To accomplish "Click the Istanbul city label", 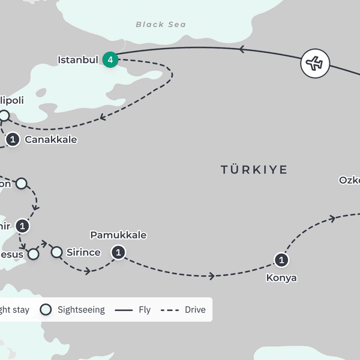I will point(77,60).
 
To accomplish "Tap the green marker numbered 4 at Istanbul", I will point(110,59).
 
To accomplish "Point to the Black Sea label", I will point(161,25).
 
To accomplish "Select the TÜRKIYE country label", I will point(254,170).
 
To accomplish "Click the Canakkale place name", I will point(51,140).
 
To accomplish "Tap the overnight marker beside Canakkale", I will point(13,140).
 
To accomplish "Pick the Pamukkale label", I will point(118,235).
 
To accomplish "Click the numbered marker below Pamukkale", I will point(119,253).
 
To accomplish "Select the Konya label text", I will point(281,278).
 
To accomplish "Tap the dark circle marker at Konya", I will point(281,260).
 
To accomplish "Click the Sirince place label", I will point(83,252).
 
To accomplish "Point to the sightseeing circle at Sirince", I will point(56,253).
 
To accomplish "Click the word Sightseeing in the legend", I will point(80,310).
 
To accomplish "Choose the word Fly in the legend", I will point(145,310).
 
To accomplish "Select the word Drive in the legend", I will point(195,310).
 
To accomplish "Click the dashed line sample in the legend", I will point(171,310).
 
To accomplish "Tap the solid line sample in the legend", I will point(124,310).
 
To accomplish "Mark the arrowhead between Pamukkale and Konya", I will point(211,276).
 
